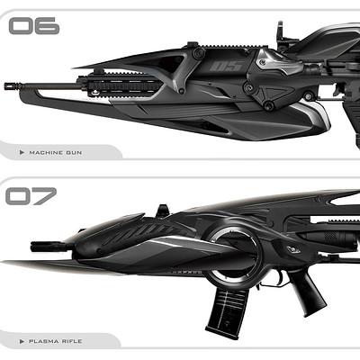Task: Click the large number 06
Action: point(34,26)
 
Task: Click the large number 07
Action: point(31,196)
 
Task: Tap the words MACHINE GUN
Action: point(55,153)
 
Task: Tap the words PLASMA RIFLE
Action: point(55,341)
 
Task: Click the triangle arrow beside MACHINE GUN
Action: point(22,153)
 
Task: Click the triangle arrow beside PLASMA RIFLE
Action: point(22,341)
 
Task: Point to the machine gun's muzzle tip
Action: point(5,86)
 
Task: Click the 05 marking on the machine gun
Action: point(226,67)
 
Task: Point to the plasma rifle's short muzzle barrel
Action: point(48,247)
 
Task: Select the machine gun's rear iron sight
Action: point(280,34)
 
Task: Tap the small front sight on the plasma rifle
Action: point(163,211)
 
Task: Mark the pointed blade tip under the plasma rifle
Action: point(3,262)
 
